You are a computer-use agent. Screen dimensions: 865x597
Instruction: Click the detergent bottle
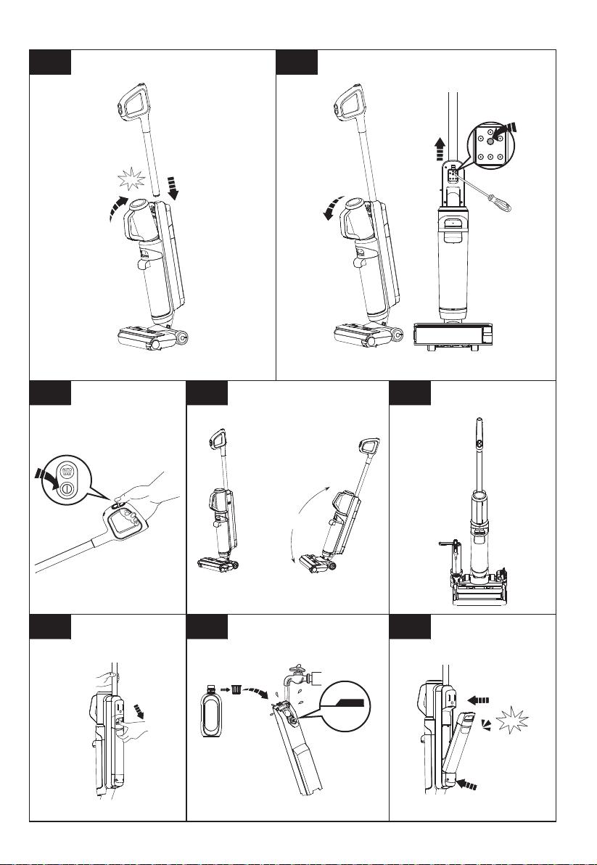click(x=211, y=711)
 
